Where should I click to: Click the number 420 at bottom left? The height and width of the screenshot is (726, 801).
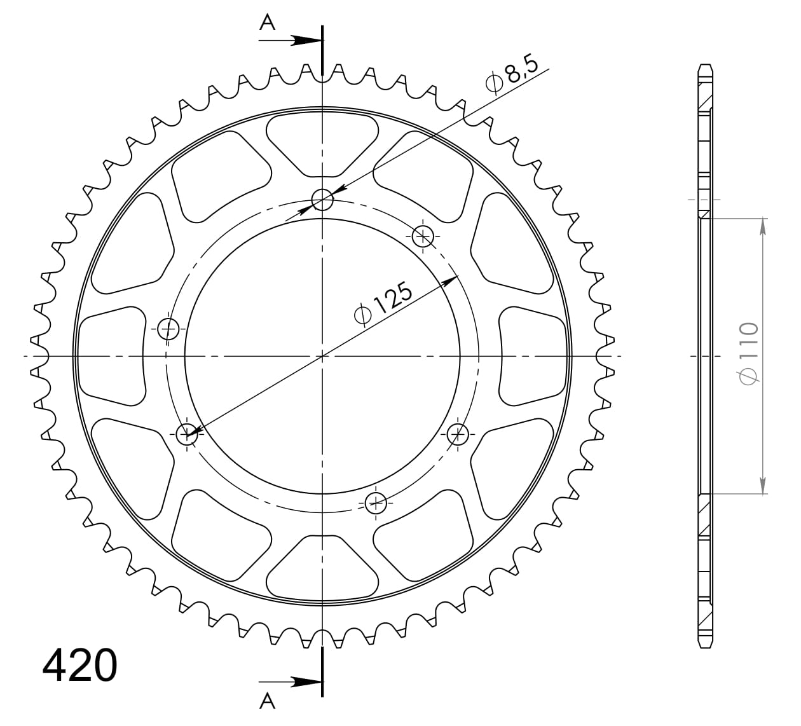80,666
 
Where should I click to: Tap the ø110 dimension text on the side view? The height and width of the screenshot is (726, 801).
749,353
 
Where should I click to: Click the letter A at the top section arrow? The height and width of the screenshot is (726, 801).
268,23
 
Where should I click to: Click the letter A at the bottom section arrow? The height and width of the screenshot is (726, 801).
268,701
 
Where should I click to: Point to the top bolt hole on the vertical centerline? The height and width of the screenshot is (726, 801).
322,200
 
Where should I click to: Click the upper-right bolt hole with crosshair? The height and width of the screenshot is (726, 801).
423,236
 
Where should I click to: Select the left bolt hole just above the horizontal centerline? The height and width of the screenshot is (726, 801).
168,329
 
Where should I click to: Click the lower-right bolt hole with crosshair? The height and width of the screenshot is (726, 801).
457,435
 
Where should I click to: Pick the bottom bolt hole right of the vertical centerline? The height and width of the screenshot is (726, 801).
376,503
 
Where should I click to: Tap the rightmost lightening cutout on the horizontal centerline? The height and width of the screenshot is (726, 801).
533,355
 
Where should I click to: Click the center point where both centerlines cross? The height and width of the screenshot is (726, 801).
322,356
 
